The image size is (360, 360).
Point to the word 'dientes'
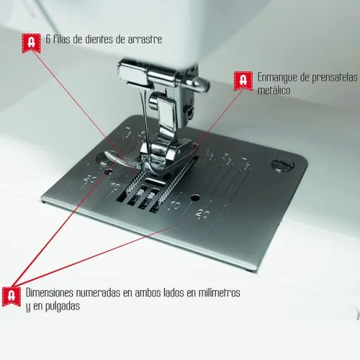(x=97, y=40)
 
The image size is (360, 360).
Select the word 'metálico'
(x=275, y=90)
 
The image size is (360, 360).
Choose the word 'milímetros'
(x=215, y=292)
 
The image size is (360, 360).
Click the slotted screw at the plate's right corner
(x=281, y=164)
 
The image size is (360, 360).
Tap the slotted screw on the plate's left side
(x=106, y=169)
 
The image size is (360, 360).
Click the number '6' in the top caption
(x=47, y=40)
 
